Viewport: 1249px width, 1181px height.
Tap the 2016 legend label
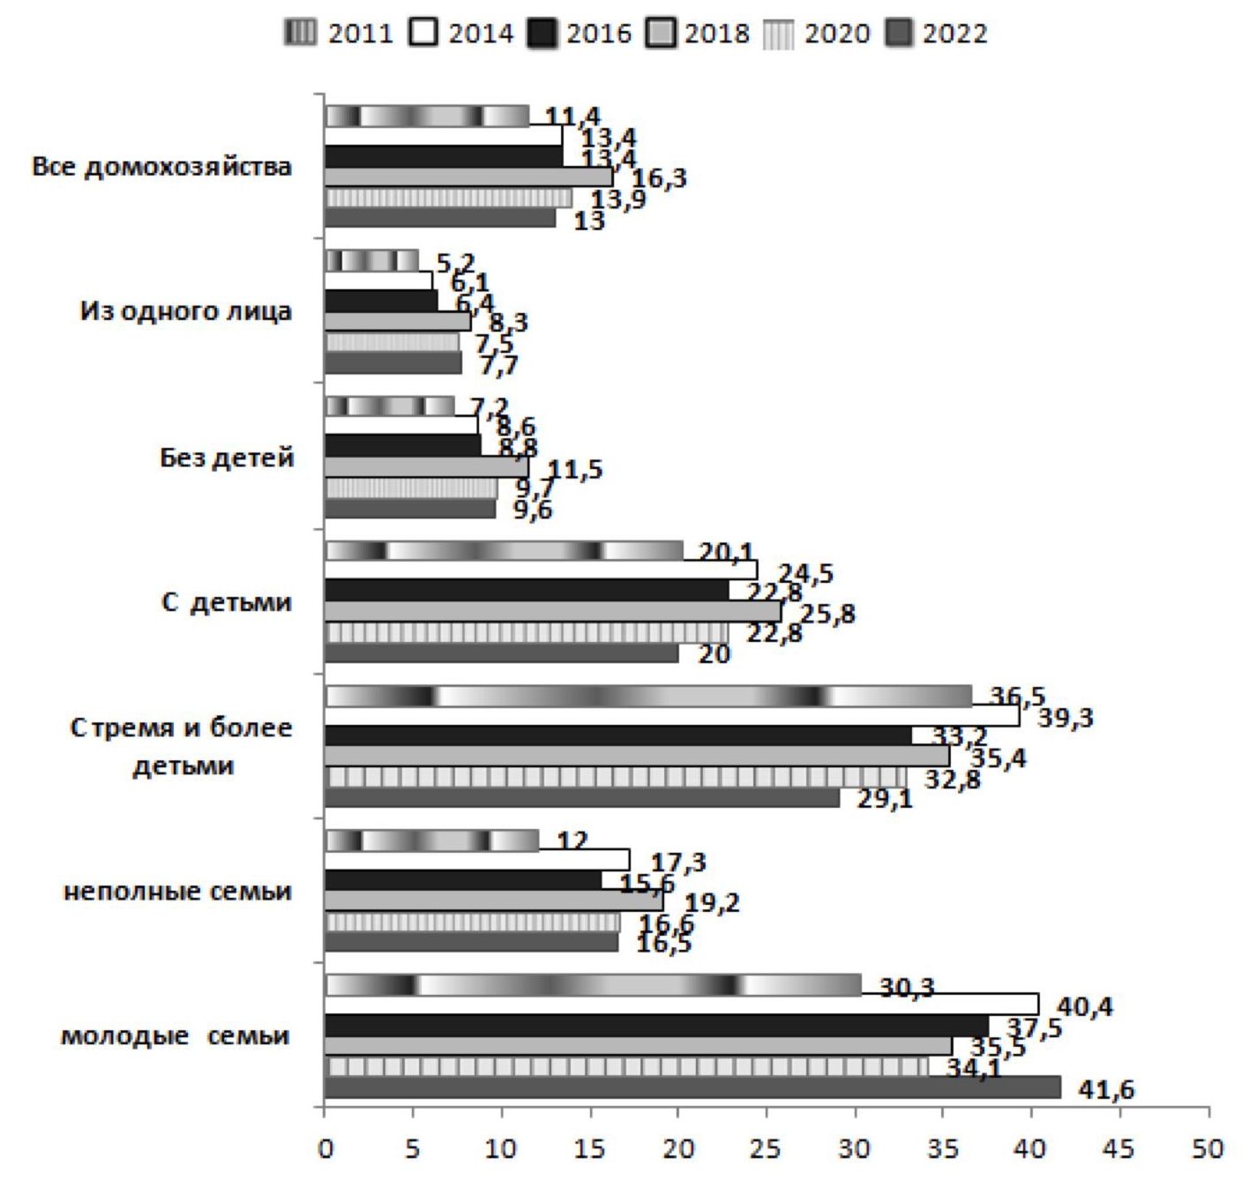[x=599, y=34]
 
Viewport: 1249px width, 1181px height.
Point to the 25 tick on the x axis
[x=767, y=1148]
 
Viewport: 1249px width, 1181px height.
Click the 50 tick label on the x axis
[x=1208, y=1148]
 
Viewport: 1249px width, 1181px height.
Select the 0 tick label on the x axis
[x=325, y=1148]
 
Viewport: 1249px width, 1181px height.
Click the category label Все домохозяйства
[x=161, y=167]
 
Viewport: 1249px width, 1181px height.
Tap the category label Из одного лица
[x=185, y=311]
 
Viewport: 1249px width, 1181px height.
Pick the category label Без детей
[x=226, y=458]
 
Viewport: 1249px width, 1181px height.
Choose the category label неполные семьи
[x=177, y=891]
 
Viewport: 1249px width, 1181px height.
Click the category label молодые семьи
[x=175, y=1035]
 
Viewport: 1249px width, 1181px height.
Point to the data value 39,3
[x=1065, y=719]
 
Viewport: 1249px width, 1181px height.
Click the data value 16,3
[x=659, y=178]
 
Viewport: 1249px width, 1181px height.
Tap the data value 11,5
[x=575, y=469]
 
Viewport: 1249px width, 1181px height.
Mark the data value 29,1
[x=885, y=800]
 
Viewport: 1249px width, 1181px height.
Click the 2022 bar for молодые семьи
[x=692, y=1087]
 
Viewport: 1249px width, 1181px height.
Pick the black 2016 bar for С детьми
[x=527, y=590]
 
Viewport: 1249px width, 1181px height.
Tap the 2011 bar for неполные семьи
[x=432, y=841]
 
